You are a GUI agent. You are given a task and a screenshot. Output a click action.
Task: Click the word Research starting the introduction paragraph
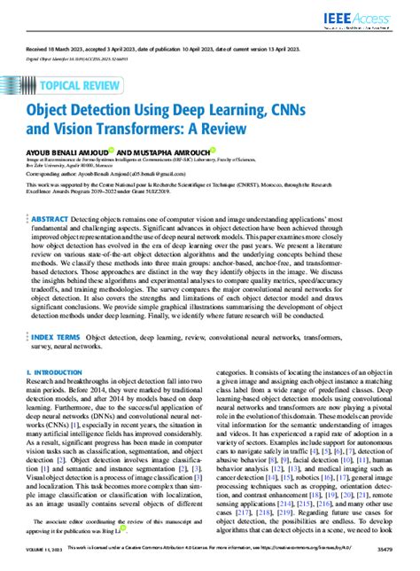[44, 410]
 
